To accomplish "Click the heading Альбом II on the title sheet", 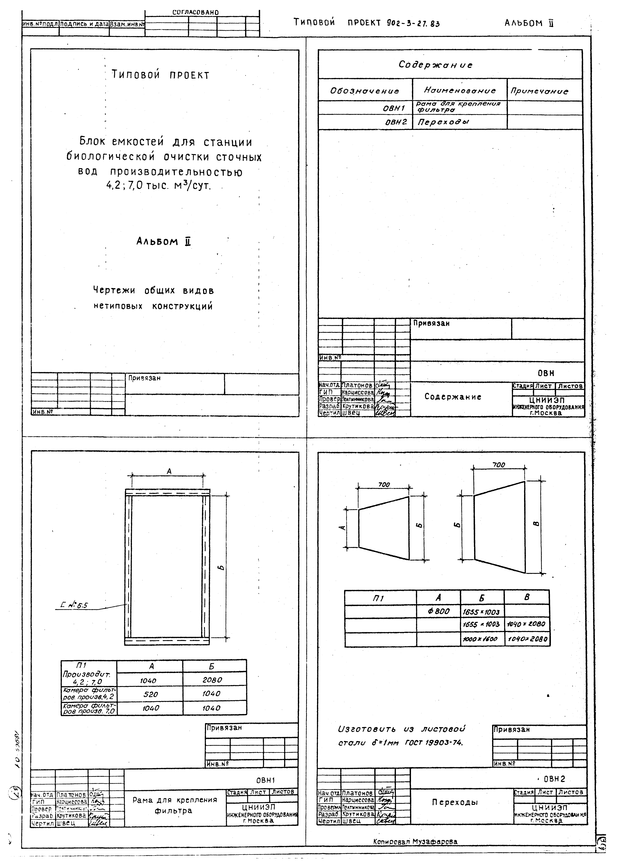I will pos(163,242).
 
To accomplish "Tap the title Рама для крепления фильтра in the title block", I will pos(175,805).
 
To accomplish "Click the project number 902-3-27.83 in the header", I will pos(413,24).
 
